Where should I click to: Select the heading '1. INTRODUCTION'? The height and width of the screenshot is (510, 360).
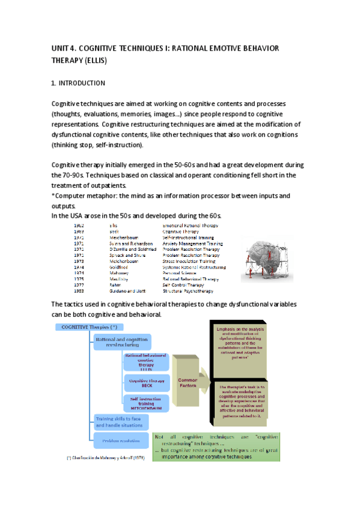point(79,82)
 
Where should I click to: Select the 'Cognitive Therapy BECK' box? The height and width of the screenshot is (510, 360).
point(144,383)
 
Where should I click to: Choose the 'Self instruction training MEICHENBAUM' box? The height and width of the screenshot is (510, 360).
point(144,402)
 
